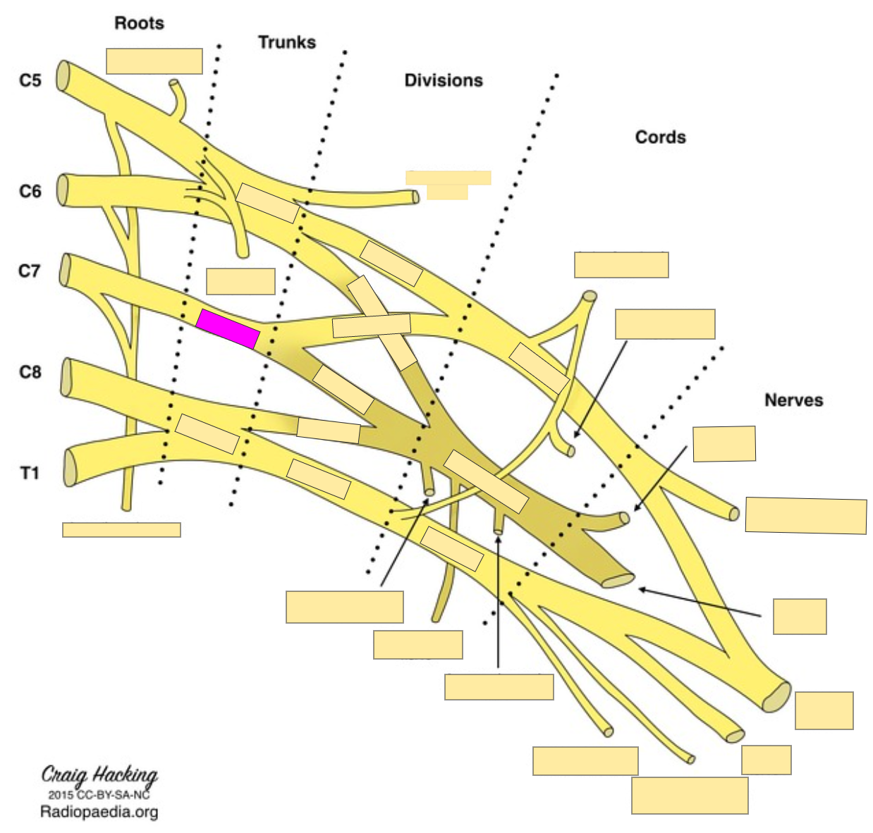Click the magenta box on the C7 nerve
pos(228,329)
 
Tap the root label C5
pos(30,80)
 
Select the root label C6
pos(30,191)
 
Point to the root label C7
pos(30,271)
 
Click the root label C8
pos(30,371)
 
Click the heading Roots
pos(139,23)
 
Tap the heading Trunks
pos(286,42)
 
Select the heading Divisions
pos(443,80)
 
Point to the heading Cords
pos(660,137)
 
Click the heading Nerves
pos(793,400)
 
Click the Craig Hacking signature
pos(99,775)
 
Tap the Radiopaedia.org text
pos(99,812)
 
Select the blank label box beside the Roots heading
pos(154,61)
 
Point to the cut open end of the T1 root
pos(70,468)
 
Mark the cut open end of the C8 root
pos(67,378)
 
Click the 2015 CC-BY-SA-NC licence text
pos(99,794)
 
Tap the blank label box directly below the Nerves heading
pos(724,444)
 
